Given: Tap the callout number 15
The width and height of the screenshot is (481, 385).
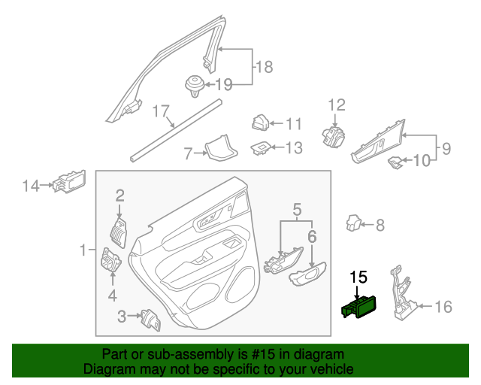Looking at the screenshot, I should (358, 277).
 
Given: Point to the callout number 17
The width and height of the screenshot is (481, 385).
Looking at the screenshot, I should (162, 112).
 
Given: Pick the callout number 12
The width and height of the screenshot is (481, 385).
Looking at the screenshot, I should (335, 105).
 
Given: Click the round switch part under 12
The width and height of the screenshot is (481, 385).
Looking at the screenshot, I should (332, 136).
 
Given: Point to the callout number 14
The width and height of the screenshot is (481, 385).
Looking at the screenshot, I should (30, 185).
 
